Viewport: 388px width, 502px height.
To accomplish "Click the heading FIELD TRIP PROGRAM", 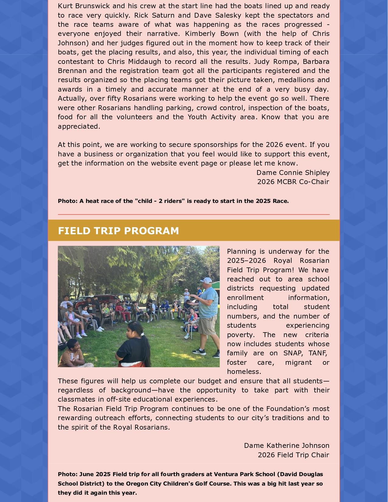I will point(118,231).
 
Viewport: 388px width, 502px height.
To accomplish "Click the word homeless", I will point(244,371).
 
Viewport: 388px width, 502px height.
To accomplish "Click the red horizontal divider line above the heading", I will point(194,214).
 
